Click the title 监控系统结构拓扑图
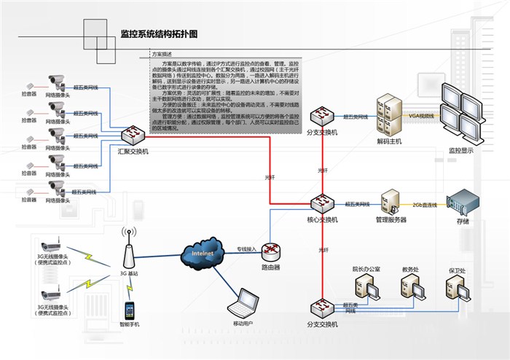[x=159, y=34]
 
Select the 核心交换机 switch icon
[x=321, y=204]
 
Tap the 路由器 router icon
[x=271, y=251]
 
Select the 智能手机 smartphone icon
[x=130, y=310]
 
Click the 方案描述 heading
[x=161, y=54]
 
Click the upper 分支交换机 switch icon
[x=321, y=117]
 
